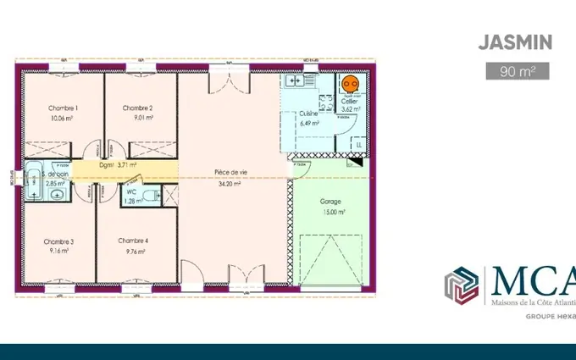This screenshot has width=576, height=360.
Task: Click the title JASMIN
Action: click(x=515, y=42)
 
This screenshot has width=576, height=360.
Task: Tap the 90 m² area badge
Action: click(x=517, y=71)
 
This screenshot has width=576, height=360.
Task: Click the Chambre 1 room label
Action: click(x=63, y=108)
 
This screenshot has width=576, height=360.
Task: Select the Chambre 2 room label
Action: click(x=137, y=108)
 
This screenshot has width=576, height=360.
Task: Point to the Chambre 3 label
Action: click(x=59, y=241)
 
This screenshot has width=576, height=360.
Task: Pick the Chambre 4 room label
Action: click(x=134, y=241)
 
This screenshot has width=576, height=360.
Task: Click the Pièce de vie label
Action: click(x=227, y=172)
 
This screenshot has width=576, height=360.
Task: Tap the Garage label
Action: click(x=330, y=202)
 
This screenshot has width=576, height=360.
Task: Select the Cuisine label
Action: click(x=308, y=113)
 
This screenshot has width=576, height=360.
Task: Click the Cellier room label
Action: click(x=349, y=101)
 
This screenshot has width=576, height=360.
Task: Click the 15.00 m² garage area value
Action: click(x=330, y=213)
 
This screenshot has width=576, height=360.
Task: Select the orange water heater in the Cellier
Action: click(x=349, y=84)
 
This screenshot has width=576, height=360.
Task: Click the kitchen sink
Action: click(x=294, y=81)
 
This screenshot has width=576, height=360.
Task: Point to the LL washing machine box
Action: click(x=358, y=145)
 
